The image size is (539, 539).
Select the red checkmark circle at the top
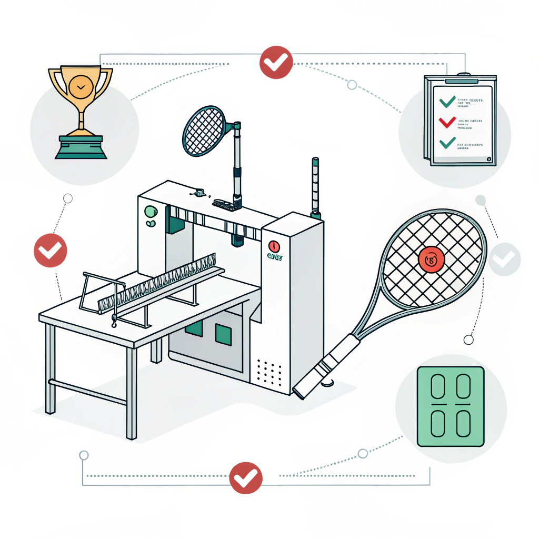point(276,62)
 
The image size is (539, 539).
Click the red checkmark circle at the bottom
point(246,478)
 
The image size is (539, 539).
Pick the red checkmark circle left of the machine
point(51,251)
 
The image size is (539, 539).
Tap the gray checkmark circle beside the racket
point(504,259)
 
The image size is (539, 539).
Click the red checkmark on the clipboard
point(447,122)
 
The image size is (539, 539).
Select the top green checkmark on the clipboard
point(447,101)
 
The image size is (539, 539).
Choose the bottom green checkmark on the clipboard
point(447,142)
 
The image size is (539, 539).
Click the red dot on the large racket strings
point(431,259)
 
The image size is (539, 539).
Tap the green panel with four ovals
point(450,406)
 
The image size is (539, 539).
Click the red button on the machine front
point(274,246)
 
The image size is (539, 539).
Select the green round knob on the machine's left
point(151,212)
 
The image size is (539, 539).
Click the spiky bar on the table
point(158,282)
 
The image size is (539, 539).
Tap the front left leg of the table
point(50,368)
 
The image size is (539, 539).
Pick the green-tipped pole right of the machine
point(315,187)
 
